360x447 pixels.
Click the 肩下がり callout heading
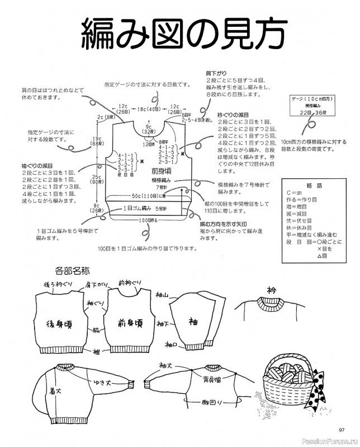click(x=214, y=73)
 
